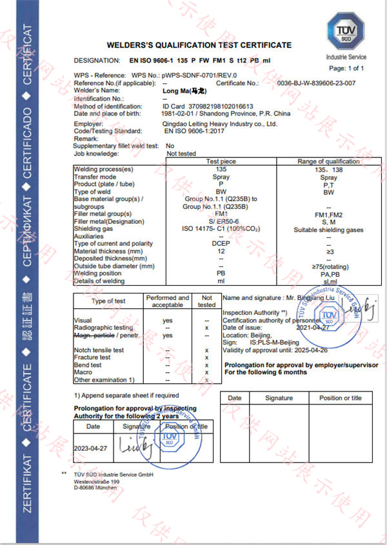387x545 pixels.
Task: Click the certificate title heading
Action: click(199, 45)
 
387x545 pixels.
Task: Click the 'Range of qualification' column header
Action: click(328, 161)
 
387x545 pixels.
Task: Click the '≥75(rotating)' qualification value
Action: click(328, 266)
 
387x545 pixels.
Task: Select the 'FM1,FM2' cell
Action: click(328, 214)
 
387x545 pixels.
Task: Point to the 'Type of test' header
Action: click(108, 301)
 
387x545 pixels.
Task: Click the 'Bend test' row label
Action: click(88, 365)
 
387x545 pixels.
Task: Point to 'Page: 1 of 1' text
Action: click(346, 68)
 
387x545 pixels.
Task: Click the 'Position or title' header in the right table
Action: click(340, 398)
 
